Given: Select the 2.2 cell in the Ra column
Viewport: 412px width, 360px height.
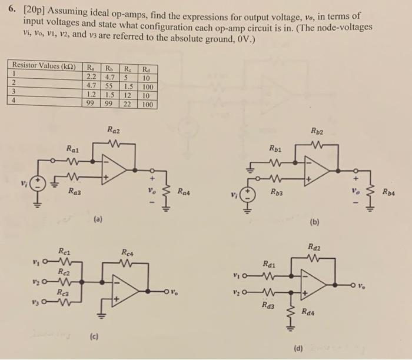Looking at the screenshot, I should coord(92,75).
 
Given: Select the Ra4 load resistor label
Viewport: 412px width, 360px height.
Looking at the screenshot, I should coord(185,191).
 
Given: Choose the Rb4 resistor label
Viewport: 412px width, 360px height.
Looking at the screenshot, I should coord(390,192).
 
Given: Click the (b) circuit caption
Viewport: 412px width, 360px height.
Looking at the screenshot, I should coord(315,223).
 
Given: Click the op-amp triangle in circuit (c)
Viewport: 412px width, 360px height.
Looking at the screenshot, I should coord(127,291).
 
